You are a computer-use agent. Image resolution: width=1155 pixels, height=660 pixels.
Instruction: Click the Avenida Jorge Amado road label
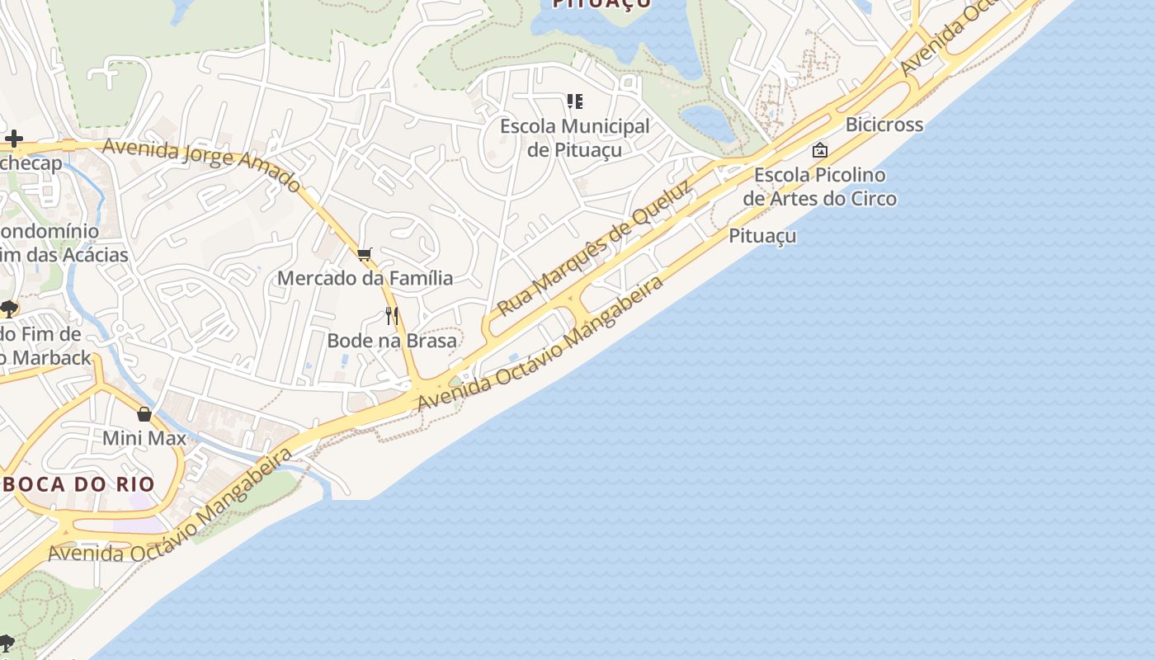(202, 166)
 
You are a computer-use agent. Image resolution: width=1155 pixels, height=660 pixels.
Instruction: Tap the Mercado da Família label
(365, 278)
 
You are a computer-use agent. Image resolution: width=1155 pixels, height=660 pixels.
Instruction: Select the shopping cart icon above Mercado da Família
(365, 254)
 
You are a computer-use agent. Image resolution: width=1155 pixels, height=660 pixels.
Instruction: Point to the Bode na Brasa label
(392, 341)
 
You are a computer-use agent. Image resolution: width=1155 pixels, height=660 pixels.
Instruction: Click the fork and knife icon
(392, 315)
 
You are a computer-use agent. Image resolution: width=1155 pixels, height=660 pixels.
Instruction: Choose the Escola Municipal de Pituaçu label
(575, 138)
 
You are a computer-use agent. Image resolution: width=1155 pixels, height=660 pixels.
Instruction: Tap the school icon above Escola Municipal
(575, 101)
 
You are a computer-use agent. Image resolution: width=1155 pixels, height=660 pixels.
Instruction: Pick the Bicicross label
(884, 125)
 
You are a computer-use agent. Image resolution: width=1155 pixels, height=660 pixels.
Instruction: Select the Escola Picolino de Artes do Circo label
(819, 186)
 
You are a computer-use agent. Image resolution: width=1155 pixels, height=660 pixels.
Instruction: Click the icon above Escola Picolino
(819, 150)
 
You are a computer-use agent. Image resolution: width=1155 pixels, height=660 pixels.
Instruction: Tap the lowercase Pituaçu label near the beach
(762, 236)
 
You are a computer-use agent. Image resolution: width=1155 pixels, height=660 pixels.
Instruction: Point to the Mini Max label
(144, 438)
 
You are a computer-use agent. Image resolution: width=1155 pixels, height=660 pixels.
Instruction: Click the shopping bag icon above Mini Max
(144, 414)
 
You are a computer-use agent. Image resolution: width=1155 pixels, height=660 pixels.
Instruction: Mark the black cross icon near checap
(14, 139)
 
